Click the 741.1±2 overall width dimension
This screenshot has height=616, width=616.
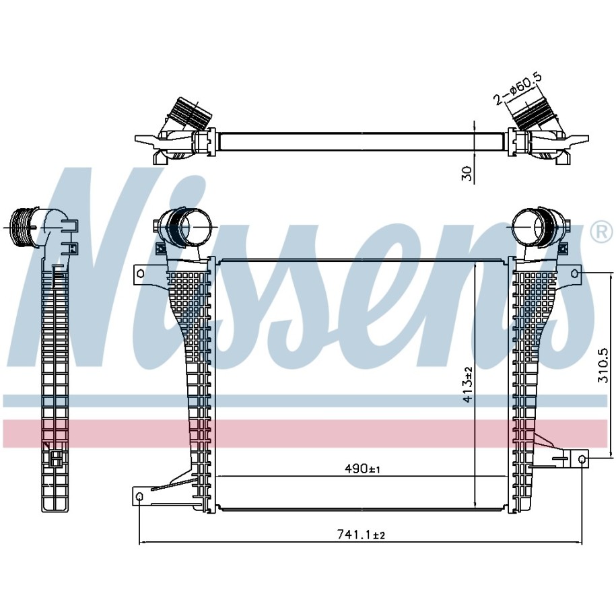[360, 535]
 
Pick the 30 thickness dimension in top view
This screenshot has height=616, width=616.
[467, 173]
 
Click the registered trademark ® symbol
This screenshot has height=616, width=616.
[601, 232]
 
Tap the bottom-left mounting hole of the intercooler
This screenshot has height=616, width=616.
[140, 498]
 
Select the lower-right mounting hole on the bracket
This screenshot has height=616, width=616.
[582, 459]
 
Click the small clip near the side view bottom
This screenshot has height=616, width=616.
[54, 460]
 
